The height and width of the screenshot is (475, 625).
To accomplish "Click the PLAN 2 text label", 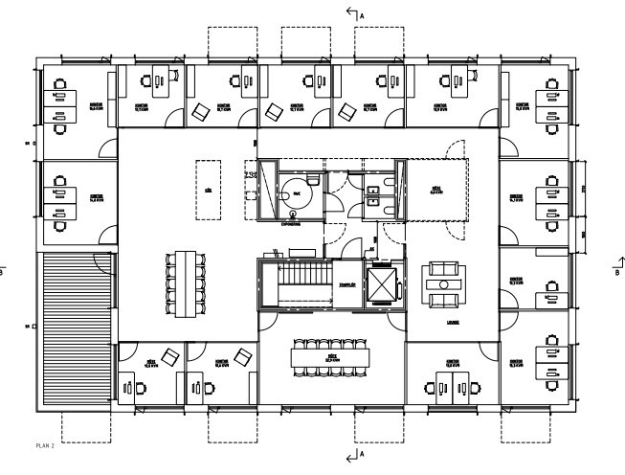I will tap(45, 445).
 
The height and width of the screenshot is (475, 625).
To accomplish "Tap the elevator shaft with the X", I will tap(380, 284).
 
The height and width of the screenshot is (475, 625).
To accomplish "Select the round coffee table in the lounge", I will tap(442, 283).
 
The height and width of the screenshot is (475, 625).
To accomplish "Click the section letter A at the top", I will tap(363, 16).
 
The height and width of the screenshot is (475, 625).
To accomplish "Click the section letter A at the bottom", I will tap(363, 454).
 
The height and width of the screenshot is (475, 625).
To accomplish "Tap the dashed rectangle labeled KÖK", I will tap(208, 189).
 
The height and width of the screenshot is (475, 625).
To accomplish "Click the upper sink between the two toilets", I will tap(372, 189).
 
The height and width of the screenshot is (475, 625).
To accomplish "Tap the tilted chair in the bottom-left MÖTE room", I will tap(168, 356).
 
